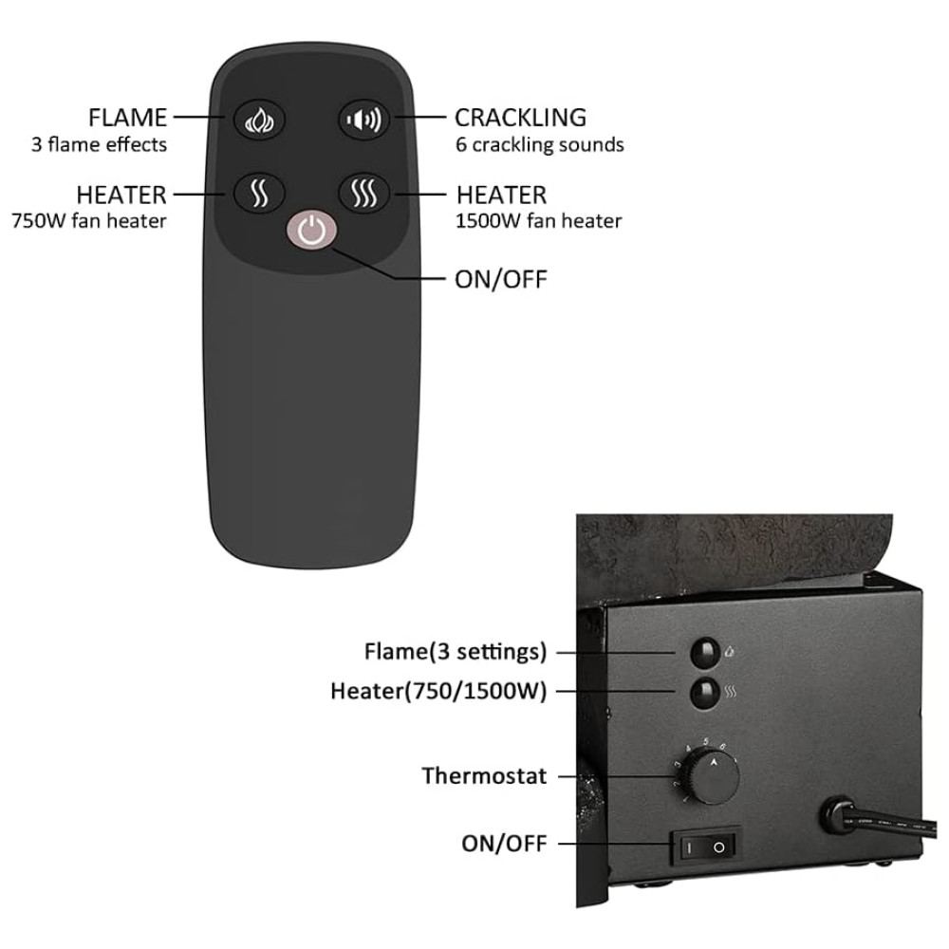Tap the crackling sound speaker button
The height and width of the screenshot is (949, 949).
(x=365, y=120)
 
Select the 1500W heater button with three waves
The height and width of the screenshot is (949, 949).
(x=365, y=194)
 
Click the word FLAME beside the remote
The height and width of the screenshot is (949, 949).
(x=127, y=119)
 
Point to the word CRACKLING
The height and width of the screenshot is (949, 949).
(x=520, y=119)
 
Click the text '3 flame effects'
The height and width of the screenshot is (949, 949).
(x=99, y=145)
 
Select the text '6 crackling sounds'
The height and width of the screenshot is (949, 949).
(x=539, y=145)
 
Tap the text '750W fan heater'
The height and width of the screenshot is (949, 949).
(x=89, y=221)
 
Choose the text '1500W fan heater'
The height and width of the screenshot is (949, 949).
(x=539, y=221)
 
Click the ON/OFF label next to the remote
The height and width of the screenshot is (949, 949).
(x=501, y=280)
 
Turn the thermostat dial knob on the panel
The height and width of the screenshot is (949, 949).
(x=714, y=777)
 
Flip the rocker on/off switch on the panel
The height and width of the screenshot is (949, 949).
(x=705, y=845)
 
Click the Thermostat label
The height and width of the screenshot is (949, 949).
(x=484, y=776)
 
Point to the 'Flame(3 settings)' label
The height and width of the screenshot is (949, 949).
(x=456, y=652)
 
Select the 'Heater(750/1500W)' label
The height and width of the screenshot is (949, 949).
(x=438, y=691)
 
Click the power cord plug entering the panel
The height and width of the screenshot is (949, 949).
(x=840, y=812)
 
